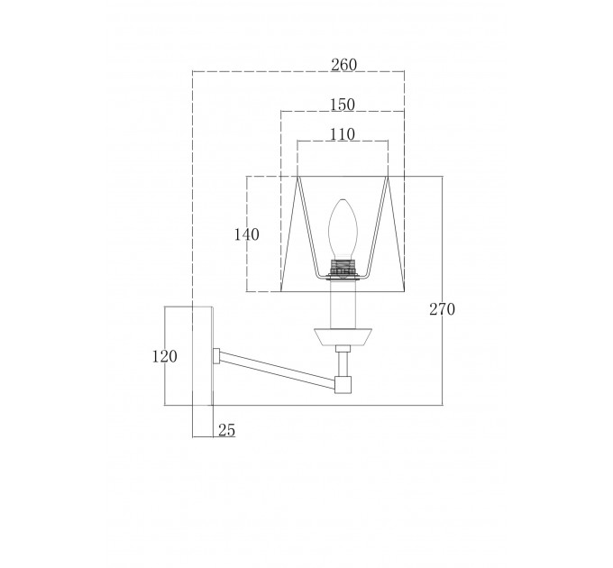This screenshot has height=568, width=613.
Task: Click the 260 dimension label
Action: pyautogui.click(x=344, y=65)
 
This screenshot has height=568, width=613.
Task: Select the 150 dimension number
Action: pyautogui.click(x=343, y=105)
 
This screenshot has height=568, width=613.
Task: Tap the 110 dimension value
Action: pyautogui.click(x=343, y=134)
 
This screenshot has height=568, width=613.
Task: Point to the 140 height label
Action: pyautogui.click(x=247, y=234)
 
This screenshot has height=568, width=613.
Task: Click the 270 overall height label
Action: pyautogui.click(x=442, y=309)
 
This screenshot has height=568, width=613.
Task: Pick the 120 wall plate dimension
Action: pyautogui.click(x=165, y=356)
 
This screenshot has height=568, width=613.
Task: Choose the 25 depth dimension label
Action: pyautogui.click(x=227, y=430)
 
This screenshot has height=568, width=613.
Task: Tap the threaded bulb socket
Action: pyautogui.click(x=343, y=267)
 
